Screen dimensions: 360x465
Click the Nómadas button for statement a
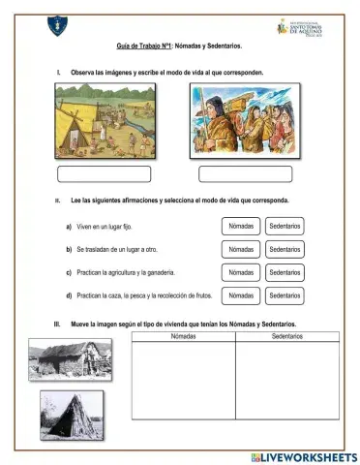(x=241, y=226)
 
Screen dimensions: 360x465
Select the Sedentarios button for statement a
(x=285, y=226)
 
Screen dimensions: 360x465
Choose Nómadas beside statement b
(x=241, y=249)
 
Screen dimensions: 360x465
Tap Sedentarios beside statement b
(x=285, y=249)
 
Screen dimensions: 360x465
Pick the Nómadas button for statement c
(x=241, y=272)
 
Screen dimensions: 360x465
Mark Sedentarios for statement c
(x=285, y=272)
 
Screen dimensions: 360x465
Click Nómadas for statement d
(x=241, y=295)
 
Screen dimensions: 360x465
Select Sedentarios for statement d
(x=285, y=295)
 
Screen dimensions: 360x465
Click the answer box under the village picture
(x=105, y=174)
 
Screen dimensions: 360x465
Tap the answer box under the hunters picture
(x=245, y=174)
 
